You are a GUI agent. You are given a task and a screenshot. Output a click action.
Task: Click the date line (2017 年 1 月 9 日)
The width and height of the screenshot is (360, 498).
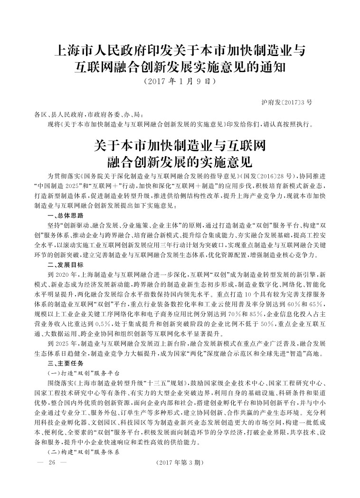(180, 81)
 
